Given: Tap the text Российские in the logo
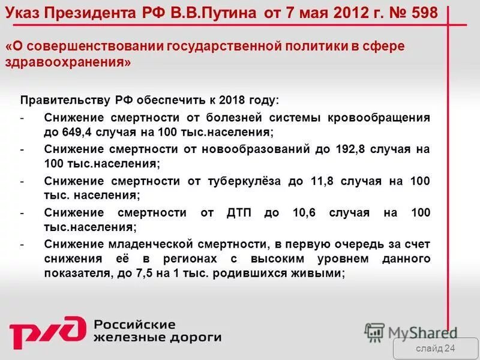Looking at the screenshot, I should point(134,325).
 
